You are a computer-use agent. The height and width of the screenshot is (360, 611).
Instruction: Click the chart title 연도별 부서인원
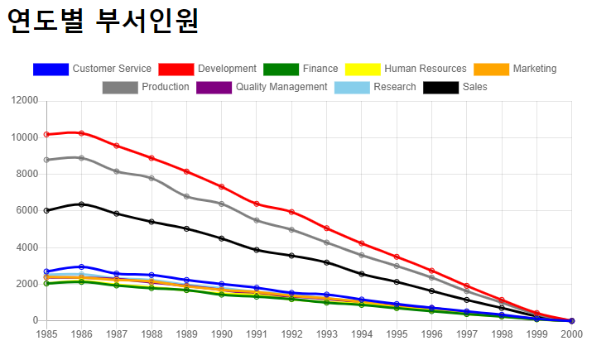tap(103, 21)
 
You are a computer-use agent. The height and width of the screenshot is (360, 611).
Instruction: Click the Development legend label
tap(227, 69)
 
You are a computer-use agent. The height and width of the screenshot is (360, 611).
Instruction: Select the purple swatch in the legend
tap(214, 87)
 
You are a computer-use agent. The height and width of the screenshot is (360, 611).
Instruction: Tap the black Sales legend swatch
tap(440, 87)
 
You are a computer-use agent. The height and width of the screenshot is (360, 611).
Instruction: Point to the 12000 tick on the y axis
tap(26, 101)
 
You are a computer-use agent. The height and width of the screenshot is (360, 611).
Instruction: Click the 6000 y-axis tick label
tap(28, 211)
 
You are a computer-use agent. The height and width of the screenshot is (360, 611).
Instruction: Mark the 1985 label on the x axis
tap(46, 334)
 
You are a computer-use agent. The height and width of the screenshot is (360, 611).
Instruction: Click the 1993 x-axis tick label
tap(326, 334)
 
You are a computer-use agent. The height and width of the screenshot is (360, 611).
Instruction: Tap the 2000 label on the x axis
tap(571, 334)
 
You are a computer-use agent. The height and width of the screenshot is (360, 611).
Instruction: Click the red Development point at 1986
tap(81, 133)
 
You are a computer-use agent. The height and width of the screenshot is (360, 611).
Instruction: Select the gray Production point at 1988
tap(152, 178)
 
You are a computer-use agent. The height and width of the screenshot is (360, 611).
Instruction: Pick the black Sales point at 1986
tap(81, 204)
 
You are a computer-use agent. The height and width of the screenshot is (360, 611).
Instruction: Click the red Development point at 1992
tap(291, 212)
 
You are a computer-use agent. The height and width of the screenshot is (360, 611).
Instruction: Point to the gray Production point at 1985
tap(46, 160)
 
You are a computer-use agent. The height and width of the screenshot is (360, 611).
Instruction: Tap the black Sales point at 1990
tap(221, 238)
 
